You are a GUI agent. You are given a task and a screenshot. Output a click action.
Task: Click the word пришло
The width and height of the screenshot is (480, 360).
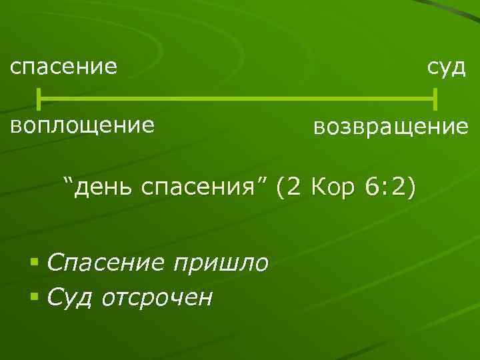[220, 263]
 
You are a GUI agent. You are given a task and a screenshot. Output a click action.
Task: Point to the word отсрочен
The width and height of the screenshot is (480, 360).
[157, 296]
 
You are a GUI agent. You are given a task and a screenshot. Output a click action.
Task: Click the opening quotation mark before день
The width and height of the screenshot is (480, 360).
[67, 181]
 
